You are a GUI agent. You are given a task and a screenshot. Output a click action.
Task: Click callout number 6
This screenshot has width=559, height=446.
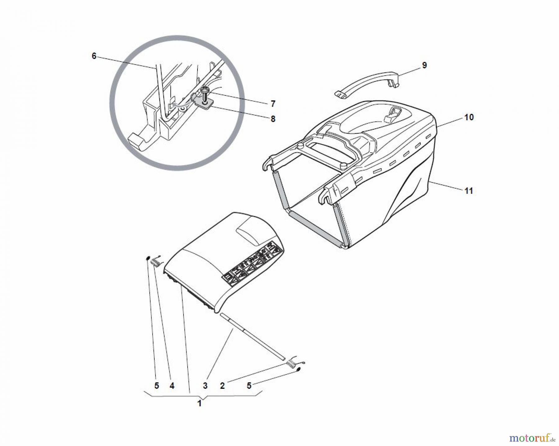[94, 56]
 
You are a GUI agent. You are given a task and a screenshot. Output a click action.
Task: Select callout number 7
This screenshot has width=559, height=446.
[273, 103]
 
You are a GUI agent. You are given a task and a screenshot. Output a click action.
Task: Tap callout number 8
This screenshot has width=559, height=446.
[273, 119]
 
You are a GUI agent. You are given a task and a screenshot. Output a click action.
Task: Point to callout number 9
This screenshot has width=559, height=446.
[424, 65]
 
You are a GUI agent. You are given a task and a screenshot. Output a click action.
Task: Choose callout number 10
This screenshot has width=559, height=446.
[469, 117]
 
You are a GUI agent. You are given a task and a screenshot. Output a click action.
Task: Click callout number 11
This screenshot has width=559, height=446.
[469, 191]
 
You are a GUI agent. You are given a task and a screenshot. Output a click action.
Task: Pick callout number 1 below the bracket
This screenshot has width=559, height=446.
[200, 403]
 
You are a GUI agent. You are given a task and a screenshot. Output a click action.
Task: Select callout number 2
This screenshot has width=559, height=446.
[222, 386]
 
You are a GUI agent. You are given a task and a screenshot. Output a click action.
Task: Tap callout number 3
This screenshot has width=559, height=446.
[205, 386]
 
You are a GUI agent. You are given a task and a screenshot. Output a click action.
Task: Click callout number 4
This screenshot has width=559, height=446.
[172, 386]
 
